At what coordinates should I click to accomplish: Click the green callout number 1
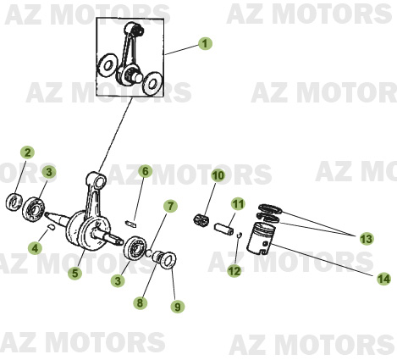coord(205,43)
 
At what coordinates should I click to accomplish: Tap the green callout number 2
coord(27,152)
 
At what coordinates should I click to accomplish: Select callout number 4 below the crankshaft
coord(35,248)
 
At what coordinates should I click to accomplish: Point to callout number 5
coord(74,273)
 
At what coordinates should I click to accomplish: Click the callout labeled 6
coord(146,171)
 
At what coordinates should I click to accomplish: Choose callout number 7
coord(170,206)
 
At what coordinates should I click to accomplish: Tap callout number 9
coord(178,307)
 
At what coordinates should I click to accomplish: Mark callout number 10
coord(218,175)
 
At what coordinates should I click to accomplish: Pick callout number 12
coord(234,270)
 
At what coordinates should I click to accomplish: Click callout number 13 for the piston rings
coord(367,239)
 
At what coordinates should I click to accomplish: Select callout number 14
coord(383,279)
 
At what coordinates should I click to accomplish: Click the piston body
coord(261,239)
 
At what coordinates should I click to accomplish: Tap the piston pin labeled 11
coord(223,229)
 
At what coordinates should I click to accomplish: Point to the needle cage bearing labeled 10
coord(201,220)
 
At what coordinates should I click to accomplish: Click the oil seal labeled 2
coord(14,202)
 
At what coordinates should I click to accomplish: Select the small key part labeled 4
coord(51,226)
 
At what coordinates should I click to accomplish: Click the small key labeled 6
coord(130,223)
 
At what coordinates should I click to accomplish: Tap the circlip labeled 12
coord(239,235)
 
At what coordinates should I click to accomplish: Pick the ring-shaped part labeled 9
coord(168,259)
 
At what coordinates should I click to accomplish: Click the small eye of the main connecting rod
coord(99,181)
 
